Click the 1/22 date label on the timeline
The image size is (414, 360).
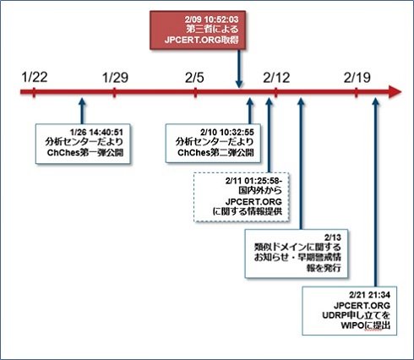point(35,78)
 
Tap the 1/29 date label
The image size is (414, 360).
point(115,78)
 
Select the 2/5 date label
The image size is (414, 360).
point(194,78)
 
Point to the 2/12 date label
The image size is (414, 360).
point(276,78)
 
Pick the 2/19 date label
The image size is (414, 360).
point(357,78)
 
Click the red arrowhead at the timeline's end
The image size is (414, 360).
point(395,92)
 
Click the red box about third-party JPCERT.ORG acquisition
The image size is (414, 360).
point(198,30)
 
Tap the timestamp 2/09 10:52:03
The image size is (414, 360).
point(211,19)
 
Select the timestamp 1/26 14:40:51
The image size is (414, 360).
point(96,132)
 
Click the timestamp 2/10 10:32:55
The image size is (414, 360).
point(227,132)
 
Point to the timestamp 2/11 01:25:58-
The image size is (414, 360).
point(253,181)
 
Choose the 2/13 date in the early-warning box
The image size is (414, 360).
point(332,237)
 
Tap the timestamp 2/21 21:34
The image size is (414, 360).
point(369,295)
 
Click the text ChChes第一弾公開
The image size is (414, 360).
point(85,152)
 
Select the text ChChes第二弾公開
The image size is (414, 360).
point(215,152)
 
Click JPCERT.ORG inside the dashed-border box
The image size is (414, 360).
point(253,201)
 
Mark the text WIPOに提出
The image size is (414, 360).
point(366,325)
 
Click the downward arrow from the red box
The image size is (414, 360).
point(239,68)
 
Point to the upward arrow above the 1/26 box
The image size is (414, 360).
point(82,111)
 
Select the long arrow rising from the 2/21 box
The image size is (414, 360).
point(375,192)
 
